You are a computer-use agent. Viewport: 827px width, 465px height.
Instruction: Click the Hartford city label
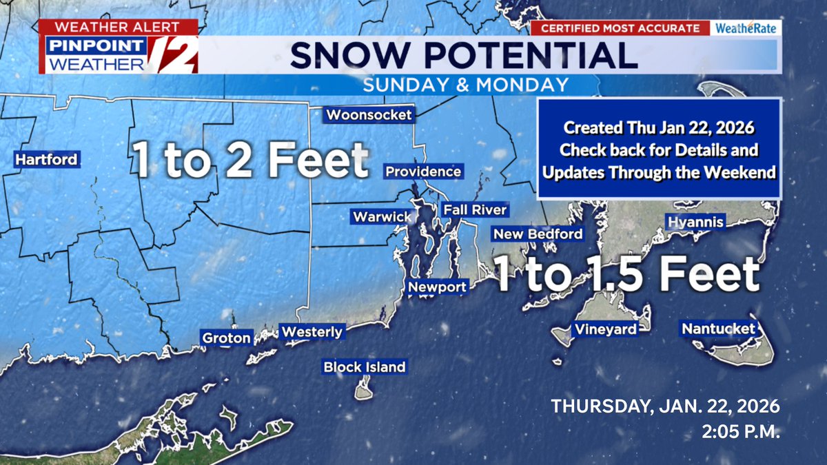point(47,160)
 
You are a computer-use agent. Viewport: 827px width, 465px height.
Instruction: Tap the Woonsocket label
point(369,115)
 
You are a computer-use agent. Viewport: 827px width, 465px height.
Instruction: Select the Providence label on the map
point(422,172)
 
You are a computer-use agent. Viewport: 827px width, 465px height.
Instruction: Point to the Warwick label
point(382,217)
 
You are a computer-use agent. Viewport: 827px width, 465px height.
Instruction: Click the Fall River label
point(475,210)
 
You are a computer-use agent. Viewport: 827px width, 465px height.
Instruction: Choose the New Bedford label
point(538,234)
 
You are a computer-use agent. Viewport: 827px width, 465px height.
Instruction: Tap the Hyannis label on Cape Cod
point(695,222)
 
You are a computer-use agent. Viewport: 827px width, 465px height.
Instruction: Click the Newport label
point(438,287)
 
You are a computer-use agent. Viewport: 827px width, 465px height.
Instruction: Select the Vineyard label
point(606,329)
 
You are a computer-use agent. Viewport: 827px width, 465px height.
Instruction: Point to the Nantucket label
point(718,329)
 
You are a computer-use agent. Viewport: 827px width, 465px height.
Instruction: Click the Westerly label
point(312,332)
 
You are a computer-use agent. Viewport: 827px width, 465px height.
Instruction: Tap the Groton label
point(226,338)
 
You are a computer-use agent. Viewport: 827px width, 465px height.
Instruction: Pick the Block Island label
point(365,367)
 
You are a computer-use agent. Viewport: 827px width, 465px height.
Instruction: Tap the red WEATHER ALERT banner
point(118,28)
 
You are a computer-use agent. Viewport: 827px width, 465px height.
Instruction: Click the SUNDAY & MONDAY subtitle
point(466,85)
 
